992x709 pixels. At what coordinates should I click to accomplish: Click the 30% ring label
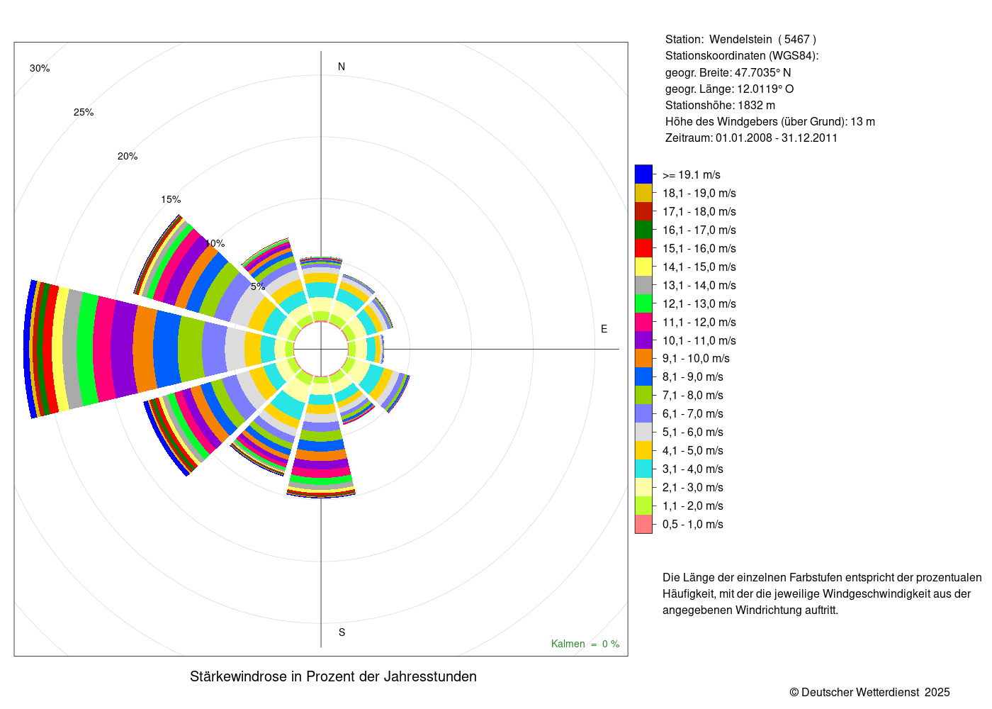point(40,68)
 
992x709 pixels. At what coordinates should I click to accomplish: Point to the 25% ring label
point(84,112)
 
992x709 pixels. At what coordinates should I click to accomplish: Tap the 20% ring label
point(128,156)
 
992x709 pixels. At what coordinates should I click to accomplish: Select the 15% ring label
point(171,199)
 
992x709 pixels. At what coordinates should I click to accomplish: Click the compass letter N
point(342,67)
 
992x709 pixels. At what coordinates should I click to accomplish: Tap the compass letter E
point(604,329)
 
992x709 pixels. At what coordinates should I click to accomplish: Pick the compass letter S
point(342,632)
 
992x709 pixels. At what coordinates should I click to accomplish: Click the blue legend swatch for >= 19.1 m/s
point(643,174)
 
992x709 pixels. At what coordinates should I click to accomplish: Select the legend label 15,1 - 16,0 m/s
point(699,248)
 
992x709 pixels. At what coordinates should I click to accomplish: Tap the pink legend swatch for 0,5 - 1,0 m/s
point(643,524)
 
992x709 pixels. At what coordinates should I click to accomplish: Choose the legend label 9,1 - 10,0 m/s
point(696,358)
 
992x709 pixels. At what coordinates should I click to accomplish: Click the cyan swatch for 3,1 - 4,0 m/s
point(643,469)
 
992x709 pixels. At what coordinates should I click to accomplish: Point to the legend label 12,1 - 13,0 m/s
point(699,303)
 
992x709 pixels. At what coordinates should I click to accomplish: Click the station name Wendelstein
point(740,39)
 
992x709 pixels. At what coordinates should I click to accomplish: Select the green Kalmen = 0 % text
point(585,644)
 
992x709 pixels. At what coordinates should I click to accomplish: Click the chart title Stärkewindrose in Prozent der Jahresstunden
point(333,676)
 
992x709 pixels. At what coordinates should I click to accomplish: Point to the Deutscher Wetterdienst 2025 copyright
point(869,692)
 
